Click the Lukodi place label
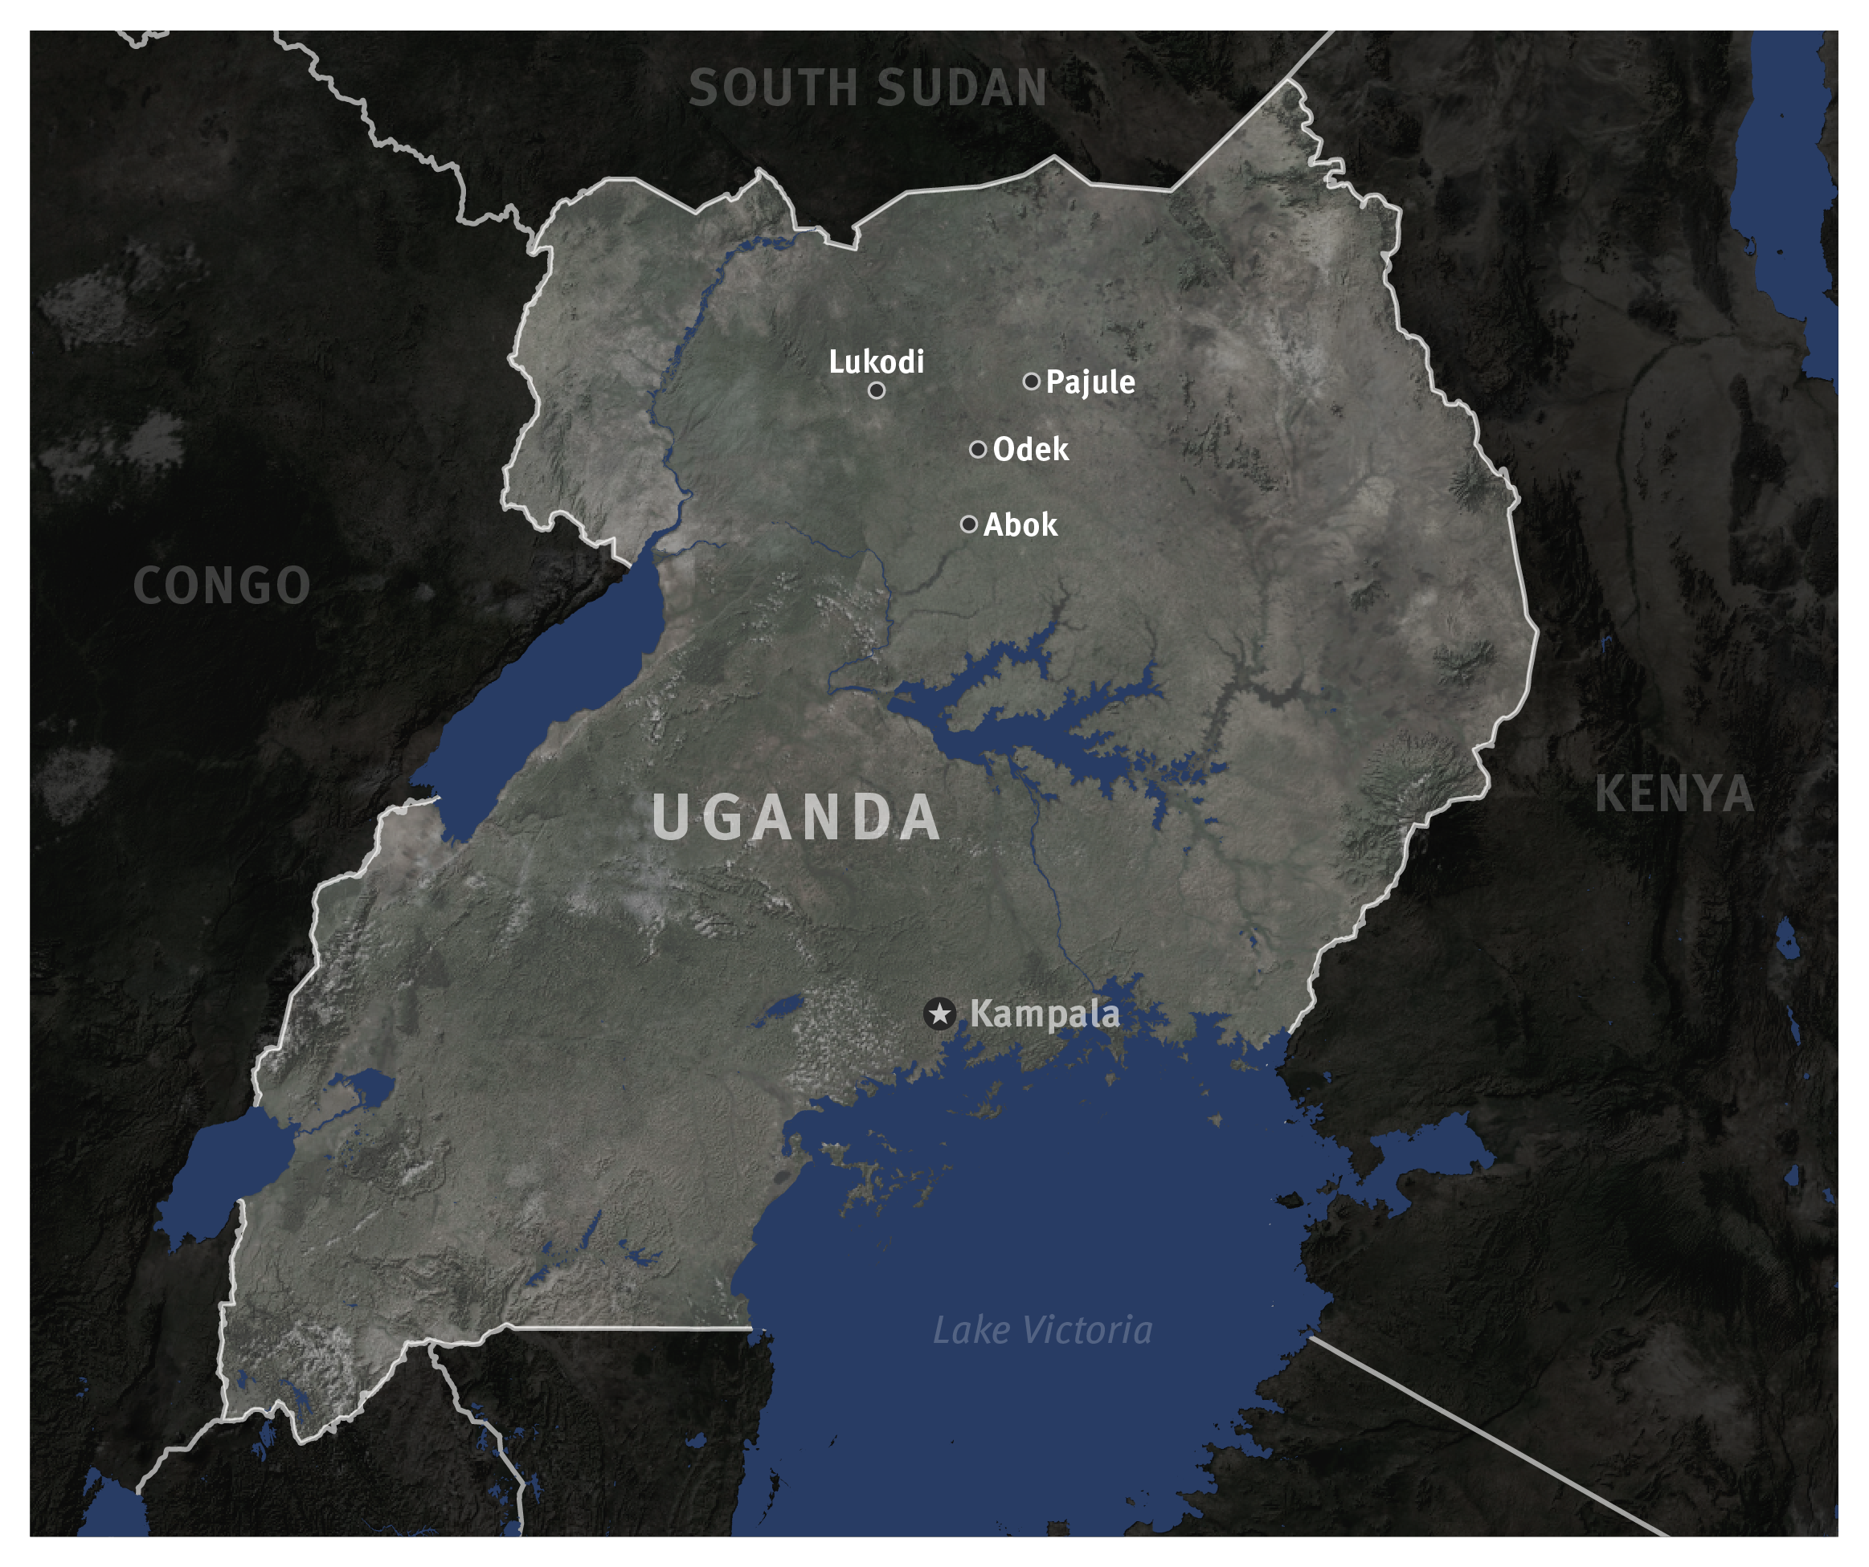876,361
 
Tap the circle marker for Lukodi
877,390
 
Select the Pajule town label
1090,382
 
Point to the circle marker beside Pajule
1032,381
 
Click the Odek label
1031,449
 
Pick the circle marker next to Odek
978,449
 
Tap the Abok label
1020,525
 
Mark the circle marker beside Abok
969,524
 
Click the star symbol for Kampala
940,1014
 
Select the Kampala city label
1044,1014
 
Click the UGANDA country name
795,817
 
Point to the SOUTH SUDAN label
868,88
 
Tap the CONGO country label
222,586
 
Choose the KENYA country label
1674,794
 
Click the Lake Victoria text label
1042,1330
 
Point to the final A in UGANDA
919,817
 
